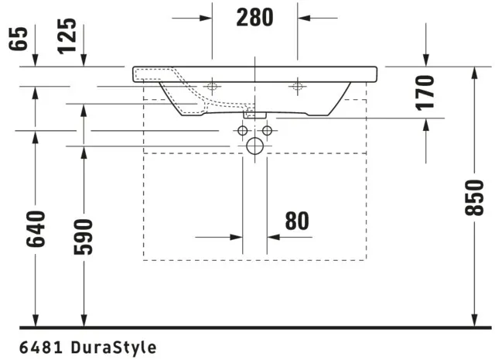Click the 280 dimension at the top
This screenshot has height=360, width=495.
pyautogui.click(x=255, y=17)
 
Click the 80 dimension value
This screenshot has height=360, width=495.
pyautogui.click(x=296, y=221)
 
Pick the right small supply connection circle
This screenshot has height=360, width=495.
pyautogui.click(x=267, y=130)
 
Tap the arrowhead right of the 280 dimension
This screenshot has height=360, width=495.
pyautogui.click(x=304, y=17)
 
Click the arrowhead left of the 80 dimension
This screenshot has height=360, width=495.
pyautogui.click(x=238, y=238)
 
